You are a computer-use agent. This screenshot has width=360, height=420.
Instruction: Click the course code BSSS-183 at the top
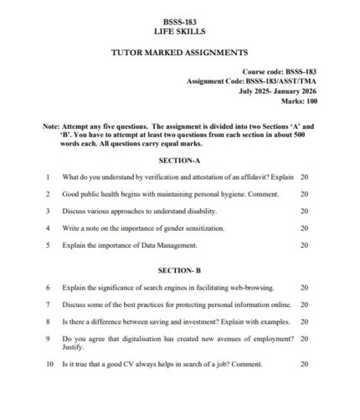pyautogui.click(x=179, y=19)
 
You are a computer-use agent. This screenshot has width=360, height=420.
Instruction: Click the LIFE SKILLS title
pyautogui.click(x=179, y=30)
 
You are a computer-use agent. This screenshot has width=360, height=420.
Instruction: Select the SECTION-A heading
pyautogui.click(x=179, y=160)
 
